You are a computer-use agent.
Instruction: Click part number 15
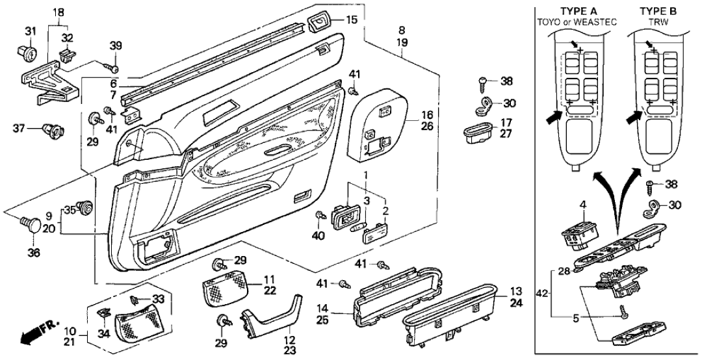click(351, 20)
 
